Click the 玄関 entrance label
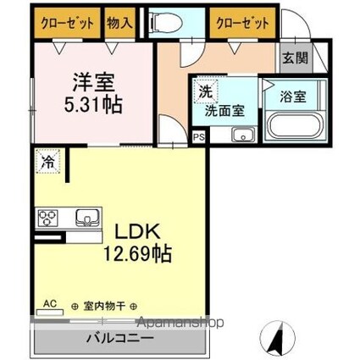(296, 58)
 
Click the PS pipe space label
(198, 138)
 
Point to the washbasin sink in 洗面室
(243, 135)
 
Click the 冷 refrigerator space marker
(48, 161)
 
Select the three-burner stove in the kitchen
(47, 218)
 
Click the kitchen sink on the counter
(87, 218)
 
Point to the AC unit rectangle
(50, 312)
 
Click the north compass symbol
(277, 338)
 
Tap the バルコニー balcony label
(120, 338)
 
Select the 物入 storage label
(119, 23)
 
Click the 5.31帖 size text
(93, 104)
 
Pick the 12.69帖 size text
(138, 253)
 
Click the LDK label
(137, 232)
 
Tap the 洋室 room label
(93, 82)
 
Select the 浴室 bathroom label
(293, 97)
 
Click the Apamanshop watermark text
(180, 322)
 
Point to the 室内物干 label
(104, 306)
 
